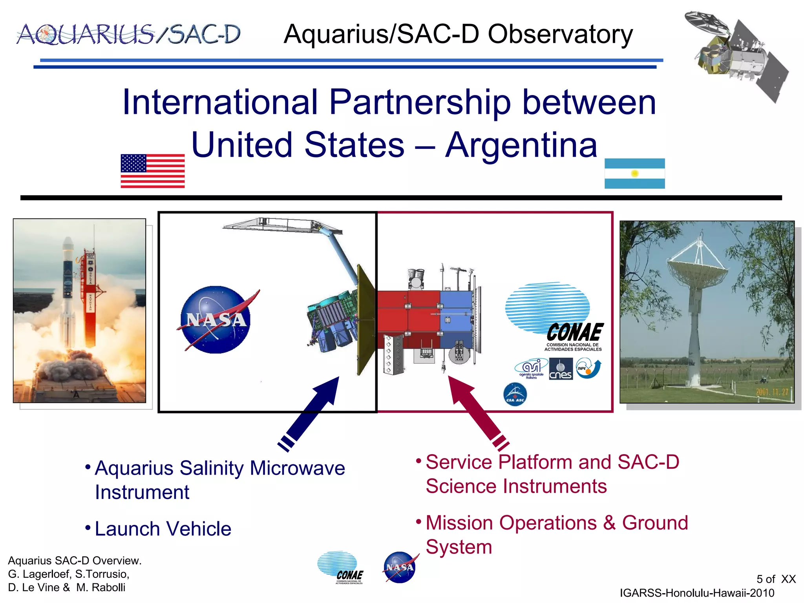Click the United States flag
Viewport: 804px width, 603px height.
pyautogui.click(x=152, y=171)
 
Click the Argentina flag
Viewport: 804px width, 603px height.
pyautogui.click(x=634, y=173)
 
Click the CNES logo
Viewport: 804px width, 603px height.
pyautogui.click(x=561, y=369)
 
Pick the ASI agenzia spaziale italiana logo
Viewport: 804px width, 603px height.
pyautogui.click(x=531, y=369)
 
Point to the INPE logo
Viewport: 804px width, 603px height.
pyautogui.click(x=588, y=368)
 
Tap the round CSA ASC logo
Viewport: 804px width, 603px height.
pyautogui.click(x=515, y=394)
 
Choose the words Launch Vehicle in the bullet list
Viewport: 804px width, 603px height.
pyautogui.click(x=163, y=529)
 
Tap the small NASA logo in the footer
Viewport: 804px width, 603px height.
pyautogui.click(x=400, y=568)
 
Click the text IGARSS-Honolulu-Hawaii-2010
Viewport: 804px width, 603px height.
pyautogui.click(x=697, y=593)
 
